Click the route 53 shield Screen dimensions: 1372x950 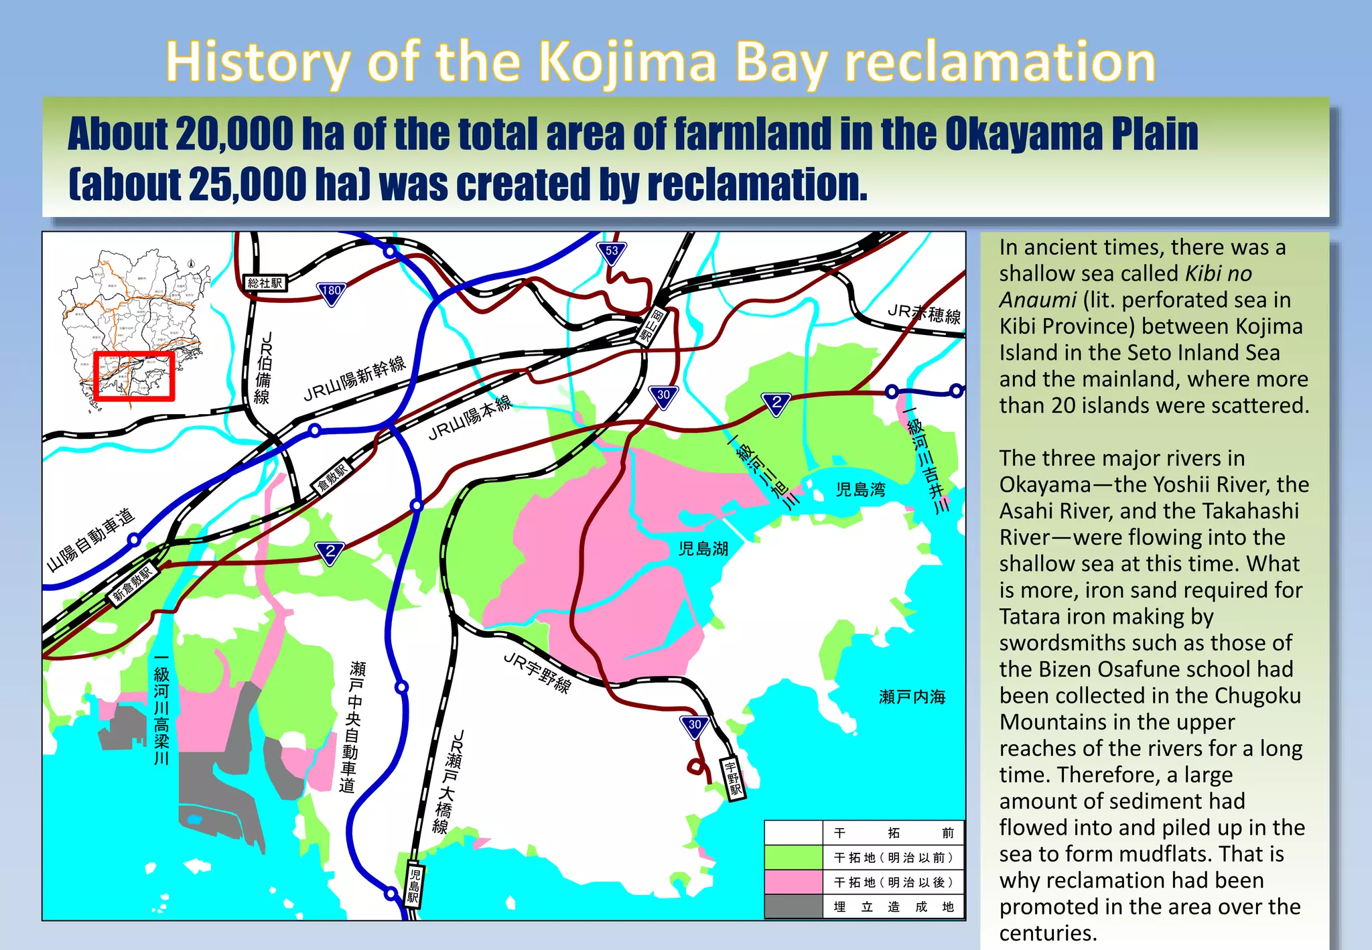612,253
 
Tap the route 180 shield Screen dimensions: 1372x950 332,292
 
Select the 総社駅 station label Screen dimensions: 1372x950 265,283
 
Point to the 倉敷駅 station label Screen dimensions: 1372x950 332,477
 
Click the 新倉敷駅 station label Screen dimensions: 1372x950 134,584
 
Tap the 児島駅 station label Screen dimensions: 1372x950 415,885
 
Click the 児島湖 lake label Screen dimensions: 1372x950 703,549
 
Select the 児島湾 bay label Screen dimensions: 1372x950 860,490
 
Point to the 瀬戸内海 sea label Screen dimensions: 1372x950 912,697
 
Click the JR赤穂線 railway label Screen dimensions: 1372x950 924,314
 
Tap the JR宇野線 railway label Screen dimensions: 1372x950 537,673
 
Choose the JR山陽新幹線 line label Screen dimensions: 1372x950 355,379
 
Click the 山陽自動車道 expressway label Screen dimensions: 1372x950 91,540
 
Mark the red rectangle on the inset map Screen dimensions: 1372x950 134,376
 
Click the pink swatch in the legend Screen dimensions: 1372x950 793,882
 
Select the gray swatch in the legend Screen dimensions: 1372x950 793,906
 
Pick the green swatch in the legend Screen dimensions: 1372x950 793,858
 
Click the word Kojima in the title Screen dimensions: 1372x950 628,62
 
